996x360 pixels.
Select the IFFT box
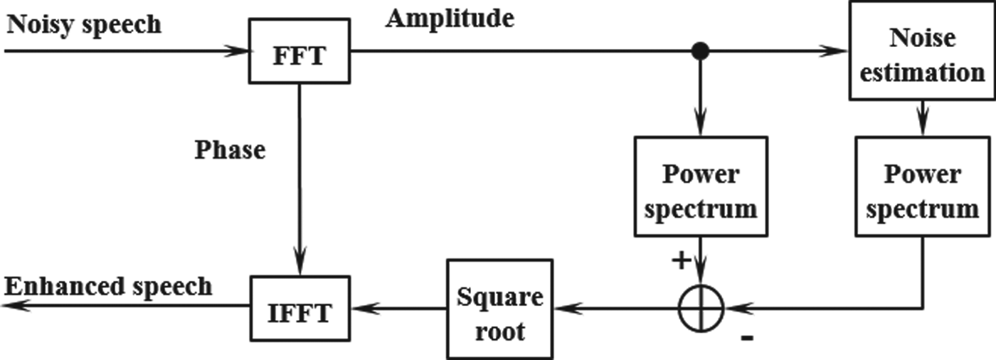tap(301, 308)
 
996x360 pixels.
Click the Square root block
tap(500, 308)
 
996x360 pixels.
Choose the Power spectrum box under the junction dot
tap(701, 186)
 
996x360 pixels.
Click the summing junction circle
tap(701, 308)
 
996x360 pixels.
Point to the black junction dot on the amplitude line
tap(701, 51)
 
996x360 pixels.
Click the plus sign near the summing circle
tap(681, 261)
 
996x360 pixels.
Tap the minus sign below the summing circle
tap(746, 339)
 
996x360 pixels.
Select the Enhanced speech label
tap(108, 286)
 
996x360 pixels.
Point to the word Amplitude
tap(450, 19)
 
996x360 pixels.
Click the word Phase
tap(230, 149)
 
